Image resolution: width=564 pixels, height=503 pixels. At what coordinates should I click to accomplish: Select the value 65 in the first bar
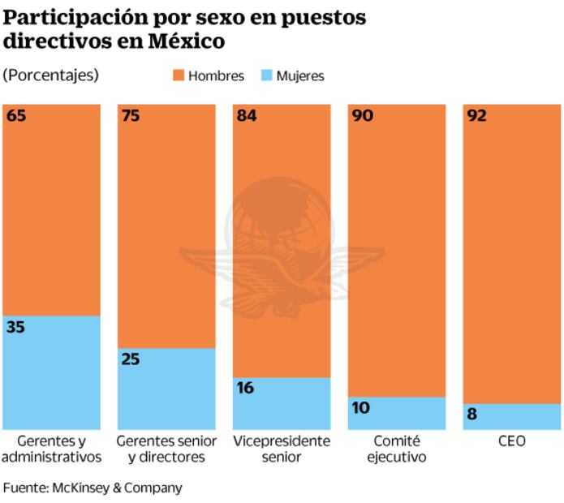coord(16,116)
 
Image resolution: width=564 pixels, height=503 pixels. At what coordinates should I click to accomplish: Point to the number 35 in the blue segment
coord(16,328)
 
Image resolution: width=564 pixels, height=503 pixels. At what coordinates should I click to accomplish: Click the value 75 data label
coord(131,116)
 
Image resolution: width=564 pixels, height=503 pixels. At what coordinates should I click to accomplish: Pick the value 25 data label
coord(131,359)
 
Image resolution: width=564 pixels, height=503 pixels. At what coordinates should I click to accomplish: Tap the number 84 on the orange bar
coord(247,116)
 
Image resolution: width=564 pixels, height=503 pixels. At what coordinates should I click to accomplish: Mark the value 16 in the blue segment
coord(245,388)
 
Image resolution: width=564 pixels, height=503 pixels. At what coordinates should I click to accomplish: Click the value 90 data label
coord(362,116)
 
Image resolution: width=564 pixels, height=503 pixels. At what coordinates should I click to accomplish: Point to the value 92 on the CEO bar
coord(477,116)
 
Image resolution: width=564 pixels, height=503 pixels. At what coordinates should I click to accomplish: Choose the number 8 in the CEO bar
coord(472,415)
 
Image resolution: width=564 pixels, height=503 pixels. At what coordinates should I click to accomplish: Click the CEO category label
coord(512,441)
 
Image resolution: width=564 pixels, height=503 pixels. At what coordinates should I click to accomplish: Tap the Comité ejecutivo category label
coord(397,449)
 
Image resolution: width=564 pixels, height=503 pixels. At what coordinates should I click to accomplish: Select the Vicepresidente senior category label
coord(282,449)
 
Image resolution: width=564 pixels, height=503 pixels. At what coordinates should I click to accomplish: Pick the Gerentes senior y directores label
coord(166,449)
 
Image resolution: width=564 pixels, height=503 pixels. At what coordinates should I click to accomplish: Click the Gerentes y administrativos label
coord(51,449)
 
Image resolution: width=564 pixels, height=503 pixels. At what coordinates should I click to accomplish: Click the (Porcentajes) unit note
coord(50,75)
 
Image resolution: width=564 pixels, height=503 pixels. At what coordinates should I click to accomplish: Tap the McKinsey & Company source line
coord(93,488)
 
